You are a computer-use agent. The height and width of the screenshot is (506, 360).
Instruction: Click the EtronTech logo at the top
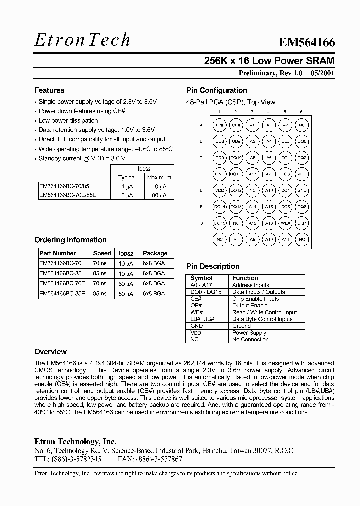(82, 40)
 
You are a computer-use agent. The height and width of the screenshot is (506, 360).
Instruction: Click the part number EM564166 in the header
(307, 43)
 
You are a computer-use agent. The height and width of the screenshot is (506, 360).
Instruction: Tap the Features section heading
(49, 90)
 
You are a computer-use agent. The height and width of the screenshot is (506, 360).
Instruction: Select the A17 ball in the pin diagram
(252, 174)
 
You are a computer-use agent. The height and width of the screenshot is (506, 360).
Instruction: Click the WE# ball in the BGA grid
(285, 223)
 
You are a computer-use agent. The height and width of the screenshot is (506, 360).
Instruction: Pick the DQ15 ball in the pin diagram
(219, 223)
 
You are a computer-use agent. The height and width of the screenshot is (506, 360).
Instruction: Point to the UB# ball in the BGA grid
(236, 142)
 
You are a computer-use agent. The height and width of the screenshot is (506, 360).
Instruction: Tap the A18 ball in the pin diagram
(269, 191)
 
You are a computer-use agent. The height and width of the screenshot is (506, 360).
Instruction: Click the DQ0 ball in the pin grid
(302, 142)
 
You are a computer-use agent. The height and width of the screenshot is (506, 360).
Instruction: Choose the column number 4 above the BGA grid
(269, 112)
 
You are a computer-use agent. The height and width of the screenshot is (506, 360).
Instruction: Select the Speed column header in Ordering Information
(102, 253)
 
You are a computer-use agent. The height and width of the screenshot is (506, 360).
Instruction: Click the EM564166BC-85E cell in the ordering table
(62, 294)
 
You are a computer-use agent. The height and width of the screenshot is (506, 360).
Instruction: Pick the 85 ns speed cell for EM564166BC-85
(100, 273)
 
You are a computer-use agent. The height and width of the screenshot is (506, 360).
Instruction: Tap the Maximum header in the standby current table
(159, 177)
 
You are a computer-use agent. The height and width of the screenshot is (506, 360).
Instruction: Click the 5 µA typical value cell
(126, 195)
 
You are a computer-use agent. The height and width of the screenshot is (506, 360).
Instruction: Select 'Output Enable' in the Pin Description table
(250, 305)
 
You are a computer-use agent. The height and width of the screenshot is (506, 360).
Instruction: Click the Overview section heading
(50, 352)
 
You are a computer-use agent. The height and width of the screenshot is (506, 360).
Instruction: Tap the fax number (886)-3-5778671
(158, 458)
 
